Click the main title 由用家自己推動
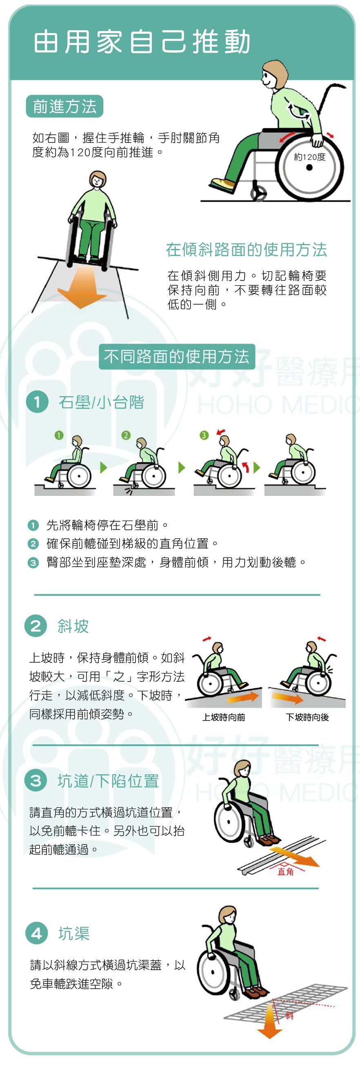coord(142,42)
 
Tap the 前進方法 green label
coord(64,106)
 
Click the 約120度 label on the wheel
coord(309,157)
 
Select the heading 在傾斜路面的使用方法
coord(246,250)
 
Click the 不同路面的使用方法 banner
coord(177,357)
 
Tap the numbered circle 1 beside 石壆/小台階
coord(37,402)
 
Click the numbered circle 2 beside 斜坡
coord(36,626)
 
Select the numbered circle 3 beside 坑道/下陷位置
coord(36,781)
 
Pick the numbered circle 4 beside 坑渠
coord(37,933)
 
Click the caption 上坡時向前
coord(224,717)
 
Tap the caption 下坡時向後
coord(307,717)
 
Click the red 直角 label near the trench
coord(286,872)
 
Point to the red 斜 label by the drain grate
coord(289,1015)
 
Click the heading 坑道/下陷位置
coord(108,781)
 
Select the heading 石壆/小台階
coord(101,402)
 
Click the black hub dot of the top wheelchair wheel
coord(309,168)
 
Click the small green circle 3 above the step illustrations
coord(204,435)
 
